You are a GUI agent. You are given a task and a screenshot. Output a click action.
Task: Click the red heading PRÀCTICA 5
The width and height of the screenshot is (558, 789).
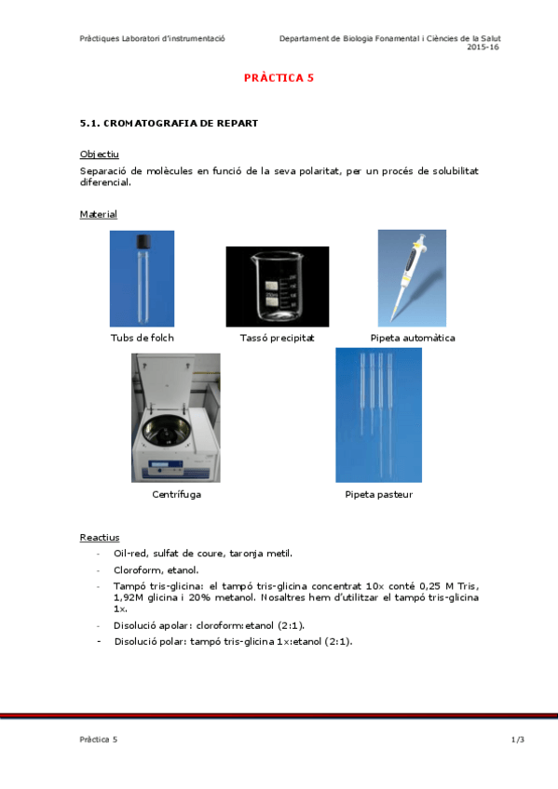tap(279, 78)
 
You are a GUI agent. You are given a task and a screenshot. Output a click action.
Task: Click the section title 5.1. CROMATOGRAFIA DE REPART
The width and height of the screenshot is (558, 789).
tap(169, 123)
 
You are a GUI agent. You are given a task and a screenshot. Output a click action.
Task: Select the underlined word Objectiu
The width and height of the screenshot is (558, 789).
tap(99, 154)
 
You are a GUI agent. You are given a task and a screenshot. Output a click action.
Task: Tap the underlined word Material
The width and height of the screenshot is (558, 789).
tap(98, 215)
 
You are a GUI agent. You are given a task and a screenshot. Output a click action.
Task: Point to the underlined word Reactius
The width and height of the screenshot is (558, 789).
tap(99, 538)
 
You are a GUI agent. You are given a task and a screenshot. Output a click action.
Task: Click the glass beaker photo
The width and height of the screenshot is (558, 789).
tap(277, 287)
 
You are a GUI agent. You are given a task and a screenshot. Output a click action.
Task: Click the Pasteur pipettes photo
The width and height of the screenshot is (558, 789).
tap(378, 414)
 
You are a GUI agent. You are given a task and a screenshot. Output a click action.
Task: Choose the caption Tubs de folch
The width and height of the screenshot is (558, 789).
tap(142, 338)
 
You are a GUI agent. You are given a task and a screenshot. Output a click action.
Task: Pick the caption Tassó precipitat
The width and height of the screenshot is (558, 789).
tap(277, 338)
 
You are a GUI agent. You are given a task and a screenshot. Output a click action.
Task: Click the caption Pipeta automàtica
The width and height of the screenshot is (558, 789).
tap(412, 338)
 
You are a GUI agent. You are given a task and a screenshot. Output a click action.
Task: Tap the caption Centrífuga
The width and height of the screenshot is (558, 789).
tap(176, 494)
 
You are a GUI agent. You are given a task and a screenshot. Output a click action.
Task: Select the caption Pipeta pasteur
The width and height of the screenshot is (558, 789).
tap(378, 494)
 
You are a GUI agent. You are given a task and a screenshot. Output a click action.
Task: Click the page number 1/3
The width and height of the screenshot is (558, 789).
tap(518, 740)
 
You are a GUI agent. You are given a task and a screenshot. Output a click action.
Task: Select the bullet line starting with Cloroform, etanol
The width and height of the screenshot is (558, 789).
tap(157, 569)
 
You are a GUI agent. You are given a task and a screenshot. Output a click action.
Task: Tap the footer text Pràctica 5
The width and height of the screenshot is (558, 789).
tap(99, 740)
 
